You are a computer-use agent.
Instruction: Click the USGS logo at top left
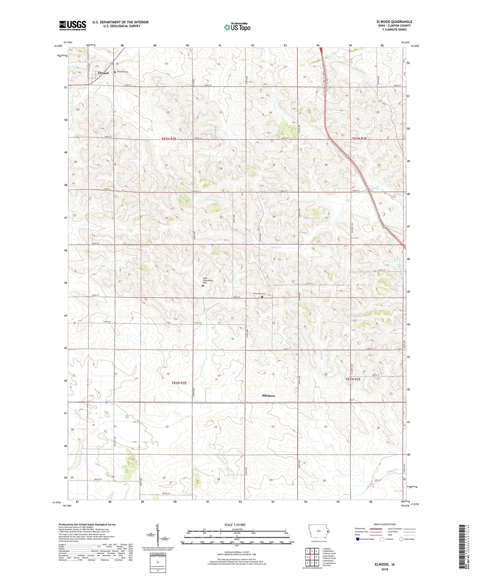click(x=72, y=25)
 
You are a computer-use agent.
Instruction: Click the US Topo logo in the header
click(x=237, y=27)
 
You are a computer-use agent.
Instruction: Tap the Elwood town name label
click(x=103, y=73)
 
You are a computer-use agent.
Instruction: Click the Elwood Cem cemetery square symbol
click(x=115, y=72)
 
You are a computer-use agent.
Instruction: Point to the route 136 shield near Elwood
click(x=112, y=64)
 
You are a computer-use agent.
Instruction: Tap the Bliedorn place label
click(x=268, y=396)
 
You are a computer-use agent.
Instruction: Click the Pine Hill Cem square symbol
click(x=262, y=297)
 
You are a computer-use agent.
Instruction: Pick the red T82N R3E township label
click(x=353, y=379)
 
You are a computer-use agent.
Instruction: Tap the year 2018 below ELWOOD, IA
click(x=384, y=569)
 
